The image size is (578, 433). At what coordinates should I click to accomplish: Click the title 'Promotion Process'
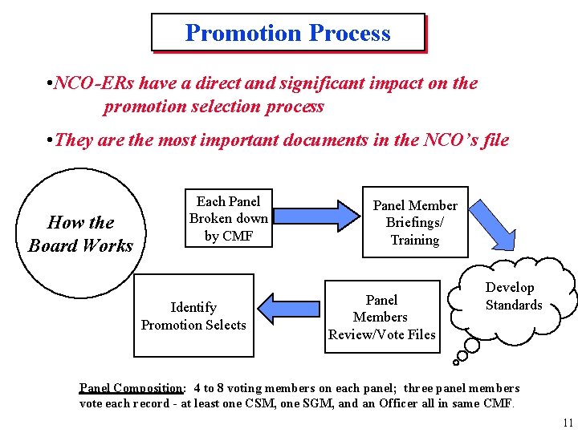(287, 33)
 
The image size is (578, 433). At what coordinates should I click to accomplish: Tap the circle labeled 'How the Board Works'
(79, 233)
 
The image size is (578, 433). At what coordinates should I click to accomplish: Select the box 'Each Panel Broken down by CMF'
(228, 218)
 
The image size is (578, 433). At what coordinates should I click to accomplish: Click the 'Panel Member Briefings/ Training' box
(414, 222)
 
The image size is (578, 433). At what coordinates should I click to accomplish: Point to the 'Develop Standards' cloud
(514, 296)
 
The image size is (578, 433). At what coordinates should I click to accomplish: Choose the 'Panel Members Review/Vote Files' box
(381, 317)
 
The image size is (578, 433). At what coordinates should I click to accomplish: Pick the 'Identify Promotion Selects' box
(193, 316)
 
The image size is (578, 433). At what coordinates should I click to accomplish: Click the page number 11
(568, 423)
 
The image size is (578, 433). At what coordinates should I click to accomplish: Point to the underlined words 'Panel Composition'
(131, 388)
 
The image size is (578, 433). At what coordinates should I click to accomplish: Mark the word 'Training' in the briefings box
(414, 240)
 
